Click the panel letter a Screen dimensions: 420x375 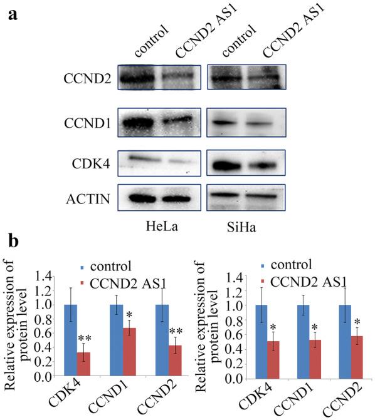pyautogui.click(x=12, y=14)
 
